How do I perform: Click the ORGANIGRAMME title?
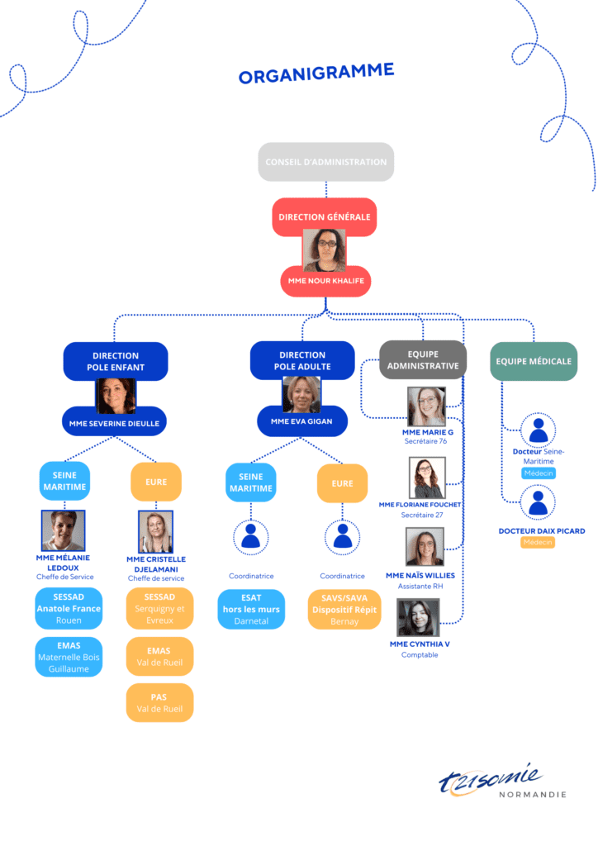[316, 73]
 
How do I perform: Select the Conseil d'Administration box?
[325, 162]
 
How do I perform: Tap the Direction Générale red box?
[324, 216]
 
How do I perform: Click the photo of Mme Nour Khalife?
[325, 250]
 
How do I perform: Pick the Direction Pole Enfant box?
[116, 361]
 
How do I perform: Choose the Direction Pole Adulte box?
[302, 360]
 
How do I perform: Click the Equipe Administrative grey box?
[423, 359]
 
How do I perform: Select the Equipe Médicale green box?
[533, 361]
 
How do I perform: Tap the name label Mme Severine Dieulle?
[115, 423]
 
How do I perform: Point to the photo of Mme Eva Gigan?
[301, 394]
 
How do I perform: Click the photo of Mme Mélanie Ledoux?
[64, 530]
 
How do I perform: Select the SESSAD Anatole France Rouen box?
[69, 608]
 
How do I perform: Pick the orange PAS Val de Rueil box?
[159, 703]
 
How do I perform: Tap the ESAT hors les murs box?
[251, 609]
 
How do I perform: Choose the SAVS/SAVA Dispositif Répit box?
[344, 609]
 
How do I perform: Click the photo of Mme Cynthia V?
[418, 618]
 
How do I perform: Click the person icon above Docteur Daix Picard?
[539, 502]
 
